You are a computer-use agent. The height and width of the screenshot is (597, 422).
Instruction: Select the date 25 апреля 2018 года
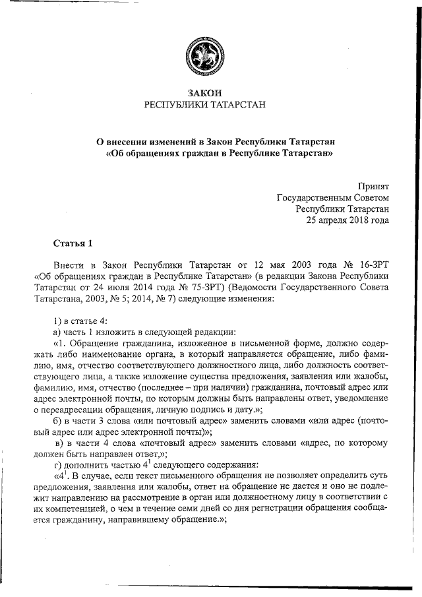(347, 220)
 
